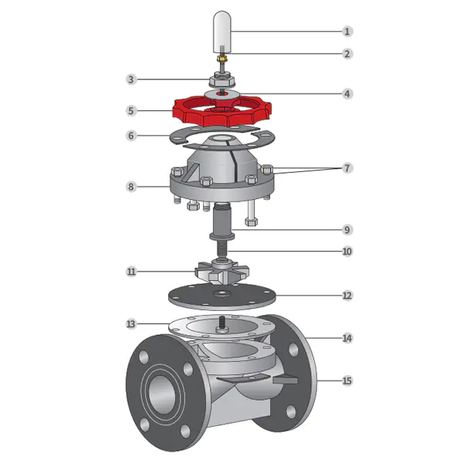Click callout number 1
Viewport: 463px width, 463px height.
347,32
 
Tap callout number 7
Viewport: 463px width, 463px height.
347,168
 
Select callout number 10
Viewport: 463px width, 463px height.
347,252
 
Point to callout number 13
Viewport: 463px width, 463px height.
131,324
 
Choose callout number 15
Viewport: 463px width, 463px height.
347,380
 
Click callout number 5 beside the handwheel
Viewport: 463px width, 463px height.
131,111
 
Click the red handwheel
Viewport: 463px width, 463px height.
221,111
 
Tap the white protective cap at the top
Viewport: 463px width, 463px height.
222,32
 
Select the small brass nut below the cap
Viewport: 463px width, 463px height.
221,59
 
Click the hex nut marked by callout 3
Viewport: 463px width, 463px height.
221,80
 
